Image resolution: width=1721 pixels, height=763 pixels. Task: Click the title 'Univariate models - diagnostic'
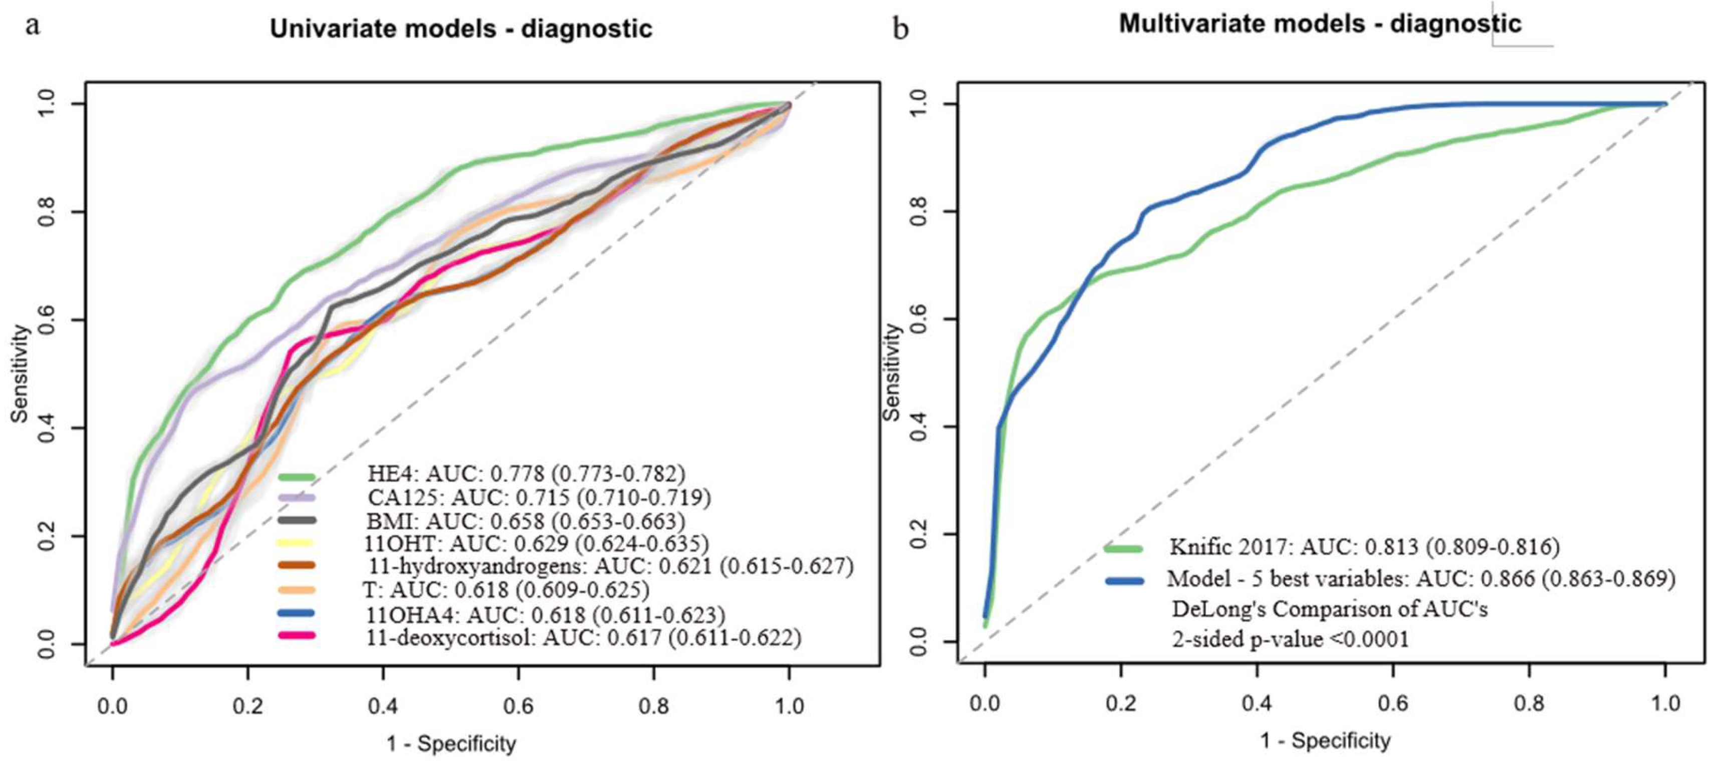(x=461, y=29)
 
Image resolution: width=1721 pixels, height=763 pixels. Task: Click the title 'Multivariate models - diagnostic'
(x=1320, y=24)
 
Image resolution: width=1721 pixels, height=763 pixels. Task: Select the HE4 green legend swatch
(x=296, y=477)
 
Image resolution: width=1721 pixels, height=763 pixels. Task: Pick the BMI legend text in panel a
(x=525, y=521)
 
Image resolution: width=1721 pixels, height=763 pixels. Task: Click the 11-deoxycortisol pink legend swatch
(x=296, y=635)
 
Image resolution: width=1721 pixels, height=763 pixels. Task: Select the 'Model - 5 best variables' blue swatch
(x=1124, y=580)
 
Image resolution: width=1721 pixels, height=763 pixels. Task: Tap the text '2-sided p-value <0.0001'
(x=1290, y=639)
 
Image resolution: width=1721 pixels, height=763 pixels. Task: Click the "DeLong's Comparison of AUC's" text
(x=1330, y=609)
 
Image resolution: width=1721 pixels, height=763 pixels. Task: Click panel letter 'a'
(x=32, y=26)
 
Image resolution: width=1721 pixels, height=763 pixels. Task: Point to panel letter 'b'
(x=901, y=29)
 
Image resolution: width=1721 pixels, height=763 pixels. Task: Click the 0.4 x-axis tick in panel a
(x=383, y=705)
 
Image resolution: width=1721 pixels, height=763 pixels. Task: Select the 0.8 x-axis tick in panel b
(x=1529, y=703)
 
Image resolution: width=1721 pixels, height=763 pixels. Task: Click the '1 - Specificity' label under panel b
(x=1325, y=740)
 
